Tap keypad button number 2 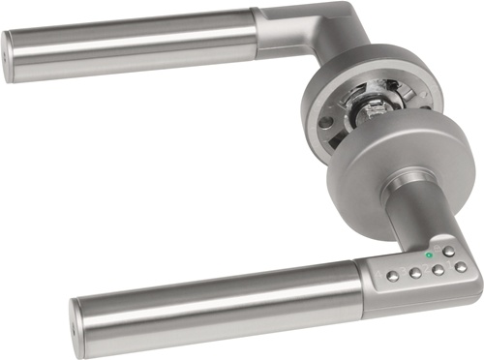tap(438, 270)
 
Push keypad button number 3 tap(415, 273)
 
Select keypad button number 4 tap(392, 276)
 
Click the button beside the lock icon tap(449, 252)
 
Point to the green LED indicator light tap(429, 255)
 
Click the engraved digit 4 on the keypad tap(378, 276)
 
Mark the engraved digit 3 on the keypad tap(403, 271)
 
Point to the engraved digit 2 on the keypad tap(426, 268)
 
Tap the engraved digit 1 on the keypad tap(449, 264)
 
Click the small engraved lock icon tap(437, 248)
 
